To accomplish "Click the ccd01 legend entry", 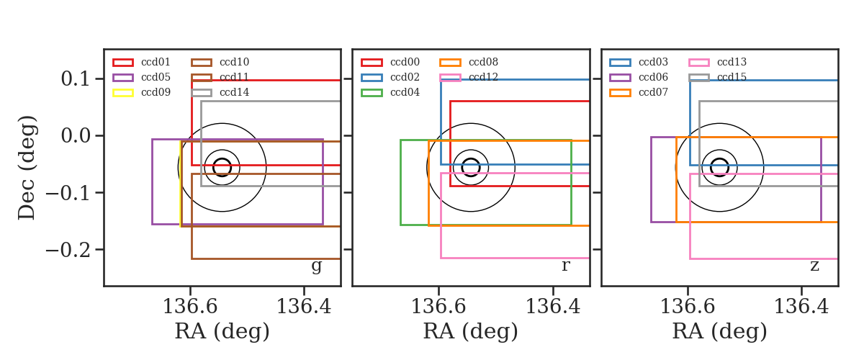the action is pos(141,62).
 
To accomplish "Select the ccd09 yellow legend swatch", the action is pos(123,93).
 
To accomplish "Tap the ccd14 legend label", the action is pos(235,93).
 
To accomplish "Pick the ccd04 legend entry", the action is pos(390,93).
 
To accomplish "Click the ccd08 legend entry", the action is pos(469,62).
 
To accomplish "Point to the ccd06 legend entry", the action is pos(639,77).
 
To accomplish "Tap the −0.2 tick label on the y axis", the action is pos(68,250).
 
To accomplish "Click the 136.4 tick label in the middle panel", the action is pos(553,307).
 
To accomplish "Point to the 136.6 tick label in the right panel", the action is pos(688,307).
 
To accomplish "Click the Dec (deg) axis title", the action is pos(27,168).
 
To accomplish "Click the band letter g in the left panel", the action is pos(316,266).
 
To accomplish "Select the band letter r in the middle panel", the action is pos(565,266).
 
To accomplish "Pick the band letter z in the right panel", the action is pos(814,266).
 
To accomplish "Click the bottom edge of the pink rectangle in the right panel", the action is pos(763,258).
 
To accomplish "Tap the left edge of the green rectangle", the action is pos(401,182).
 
